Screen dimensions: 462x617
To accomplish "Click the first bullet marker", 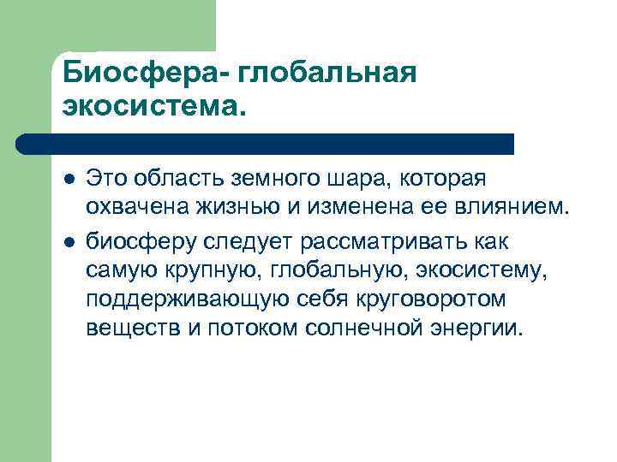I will pos(69,180).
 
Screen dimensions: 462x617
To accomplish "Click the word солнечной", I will pos(363,329).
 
